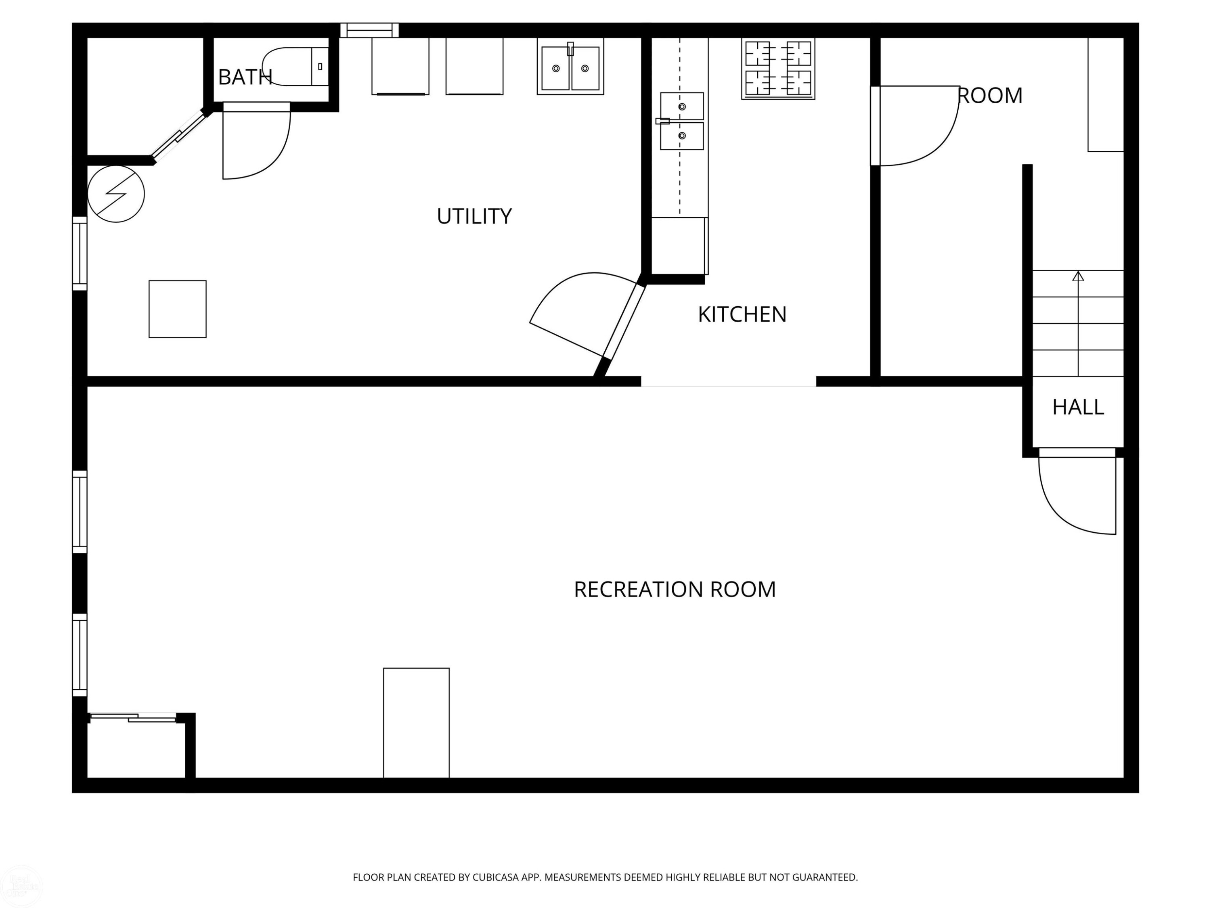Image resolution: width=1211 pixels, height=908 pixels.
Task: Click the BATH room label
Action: point(245,77)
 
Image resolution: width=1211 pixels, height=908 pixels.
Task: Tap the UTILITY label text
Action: point(474,216)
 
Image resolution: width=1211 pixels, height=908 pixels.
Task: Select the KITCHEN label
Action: point(742,314)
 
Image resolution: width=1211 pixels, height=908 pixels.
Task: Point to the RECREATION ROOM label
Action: point(675,590)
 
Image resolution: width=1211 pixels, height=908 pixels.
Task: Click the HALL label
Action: point(1078,407)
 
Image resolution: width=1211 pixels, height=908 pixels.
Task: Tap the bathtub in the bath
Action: point(295,66)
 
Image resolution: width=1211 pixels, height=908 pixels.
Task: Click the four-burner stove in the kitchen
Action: point(778,69)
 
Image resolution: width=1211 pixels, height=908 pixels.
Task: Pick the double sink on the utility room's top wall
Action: point(570,66)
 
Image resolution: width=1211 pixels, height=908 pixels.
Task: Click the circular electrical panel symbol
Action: point(116,194)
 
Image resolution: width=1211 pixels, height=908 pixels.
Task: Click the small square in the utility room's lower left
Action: point(177,309)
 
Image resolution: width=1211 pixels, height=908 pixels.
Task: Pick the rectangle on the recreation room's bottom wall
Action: point(416,722)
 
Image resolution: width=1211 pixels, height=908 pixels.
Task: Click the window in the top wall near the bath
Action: point(369,30)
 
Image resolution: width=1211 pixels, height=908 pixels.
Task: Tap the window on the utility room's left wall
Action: point(80,253)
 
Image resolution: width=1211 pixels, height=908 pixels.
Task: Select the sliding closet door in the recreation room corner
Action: point(133,718)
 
